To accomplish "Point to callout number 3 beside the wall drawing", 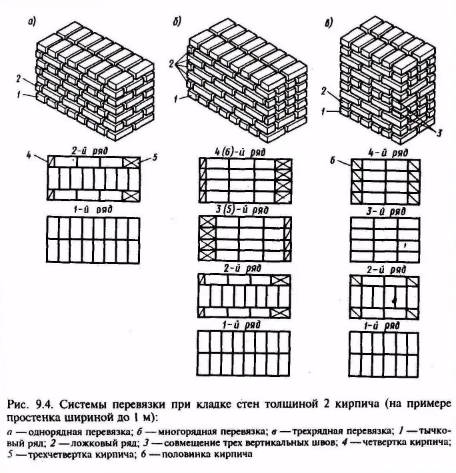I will point(439,131).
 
